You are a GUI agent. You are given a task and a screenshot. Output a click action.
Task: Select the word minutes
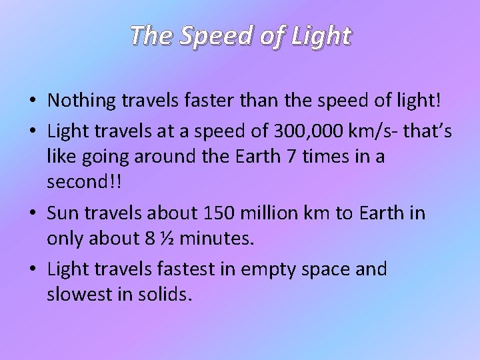point(217,239)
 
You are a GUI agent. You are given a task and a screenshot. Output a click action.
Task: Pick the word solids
point(161,294)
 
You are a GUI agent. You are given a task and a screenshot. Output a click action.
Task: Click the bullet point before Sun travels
point(32,213)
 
